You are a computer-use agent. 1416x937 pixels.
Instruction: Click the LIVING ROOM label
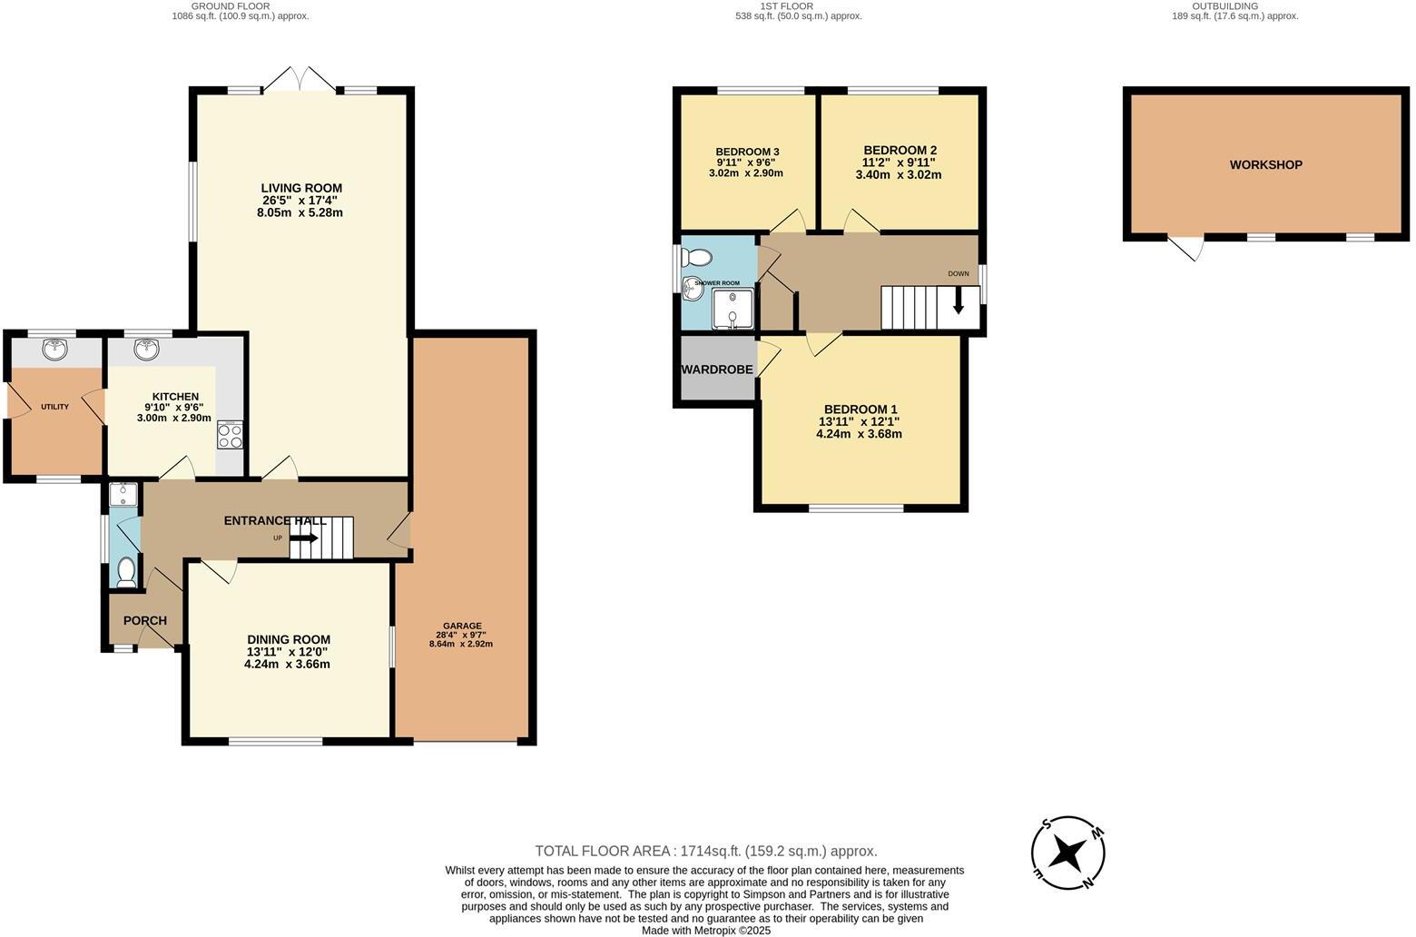(x=301, y=188)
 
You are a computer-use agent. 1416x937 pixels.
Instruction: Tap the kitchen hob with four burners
(x=231, y=436)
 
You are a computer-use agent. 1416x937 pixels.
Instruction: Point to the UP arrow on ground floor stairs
(x=304, y=538)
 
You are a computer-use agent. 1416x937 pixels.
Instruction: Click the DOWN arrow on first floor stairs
(x=959, y=305)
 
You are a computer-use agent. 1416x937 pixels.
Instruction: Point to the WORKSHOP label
(x=1265, y=164)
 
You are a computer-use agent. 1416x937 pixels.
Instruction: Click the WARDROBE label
(x=717, y=370)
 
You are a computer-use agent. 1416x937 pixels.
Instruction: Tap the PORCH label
(x=144, y=621)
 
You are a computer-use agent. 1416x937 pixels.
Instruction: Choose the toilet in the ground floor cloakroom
(x=126, y=571)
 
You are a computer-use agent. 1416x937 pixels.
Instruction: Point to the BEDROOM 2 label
(x=900, y=150)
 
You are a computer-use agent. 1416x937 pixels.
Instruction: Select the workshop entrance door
(x=1185, y=248)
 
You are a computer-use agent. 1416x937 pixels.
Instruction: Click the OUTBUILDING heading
(x=1224, y=5)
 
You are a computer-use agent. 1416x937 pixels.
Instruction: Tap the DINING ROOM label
(x=289, y=639)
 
